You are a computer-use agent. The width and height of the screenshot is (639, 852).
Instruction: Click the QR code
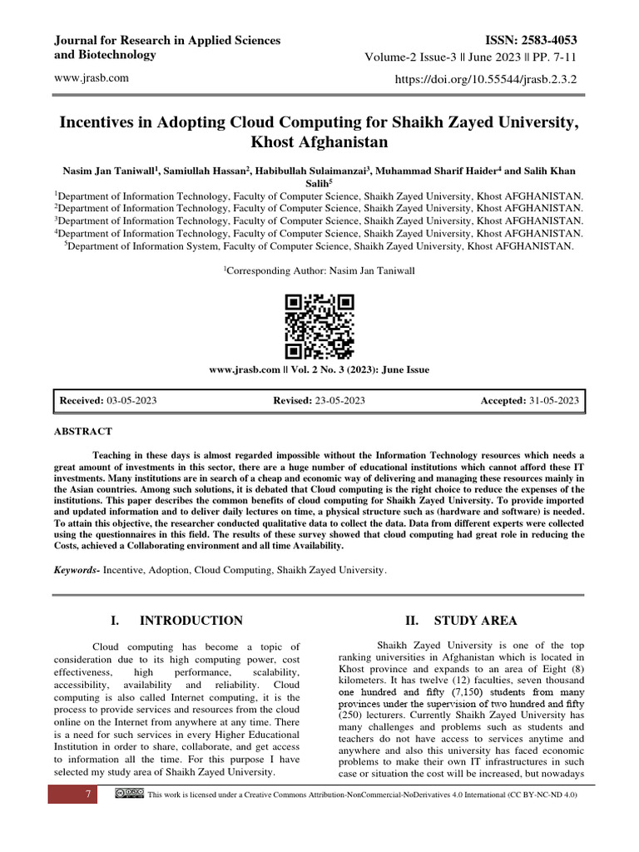pyautogui.click(x=319, y=326)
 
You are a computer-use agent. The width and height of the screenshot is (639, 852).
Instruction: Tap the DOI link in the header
pyautogui.click(x=491, y=79)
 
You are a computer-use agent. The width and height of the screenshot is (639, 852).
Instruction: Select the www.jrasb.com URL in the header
pyautogui.click(x=91, y=78)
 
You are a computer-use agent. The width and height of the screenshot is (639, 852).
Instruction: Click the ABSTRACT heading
pyautogui.click(x=82, y=432)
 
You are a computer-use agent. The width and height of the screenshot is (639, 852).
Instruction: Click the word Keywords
pyautogui.click(x=76, y=571)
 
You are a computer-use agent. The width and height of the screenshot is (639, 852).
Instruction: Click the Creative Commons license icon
pyautogui.click(x=125, y=795)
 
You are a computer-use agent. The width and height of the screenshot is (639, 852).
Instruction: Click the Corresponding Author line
pyautogui.click(x=319, y=271)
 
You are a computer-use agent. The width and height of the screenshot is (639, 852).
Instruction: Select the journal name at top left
pyautogui.click(x=166, y=47)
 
